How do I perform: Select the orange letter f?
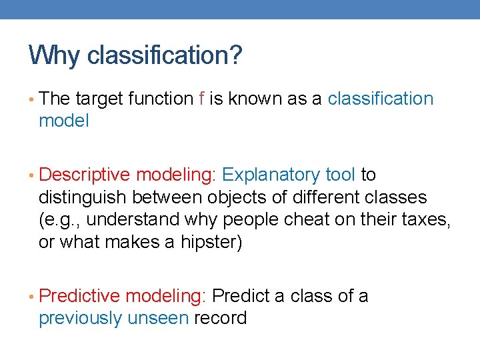[201, 99]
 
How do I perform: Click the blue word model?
[63, 121]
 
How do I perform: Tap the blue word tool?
[340, 175]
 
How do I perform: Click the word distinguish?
[83, 197]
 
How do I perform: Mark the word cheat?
[306, 219]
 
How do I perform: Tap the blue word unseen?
[158, 318]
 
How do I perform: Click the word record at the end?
[220, 318]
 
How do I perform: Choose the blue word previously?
[80, 318]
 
